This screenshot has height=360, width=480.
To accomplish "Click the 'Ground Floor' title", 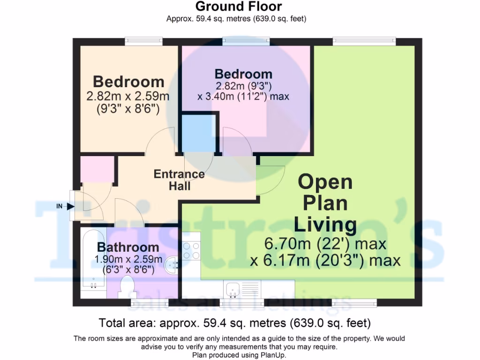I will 239,7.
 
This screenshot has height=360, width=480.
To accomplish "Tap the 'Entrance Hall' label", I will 179,180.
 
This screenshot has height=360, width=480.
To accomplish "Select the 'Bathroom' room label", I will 128,247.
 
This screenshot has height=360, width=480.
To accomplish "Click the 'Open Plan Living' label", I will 325,203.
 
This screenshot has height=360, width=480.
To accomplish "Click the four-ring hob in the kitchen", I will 191,250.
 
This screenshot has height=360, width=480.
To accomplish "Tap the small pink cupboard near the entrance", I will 97,169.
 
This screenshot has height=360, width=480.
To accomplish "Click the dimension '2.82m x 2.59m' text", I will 127,97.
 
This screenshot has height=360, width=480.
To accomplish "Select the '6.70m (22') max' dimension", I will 325,244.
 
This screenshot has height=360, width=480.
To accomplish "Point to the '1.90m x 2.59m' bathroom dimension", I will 128,259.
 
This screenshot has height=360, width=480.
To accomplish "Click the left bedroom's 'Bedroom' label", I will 128,82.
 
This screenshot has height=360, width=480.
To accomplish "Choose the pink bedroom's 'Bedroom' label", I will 243,74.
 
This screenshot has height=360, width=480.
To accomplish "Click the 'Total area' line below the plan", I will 235,323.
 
